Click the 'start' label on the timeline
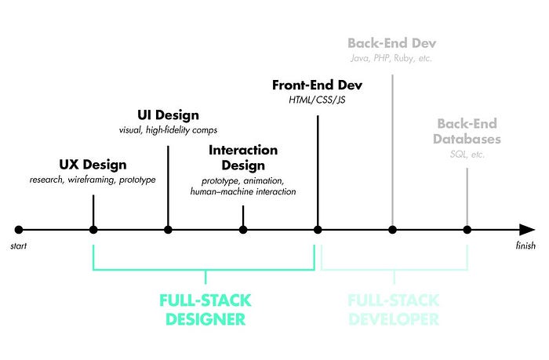click(x=18, y=246)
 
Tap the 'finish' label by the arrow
click(x=525, y=246)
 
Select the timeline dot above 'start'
click(x=19, y=230)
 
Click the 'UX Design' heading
click(x=93, y=165)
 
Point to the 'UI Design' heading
click(x=168, y=115)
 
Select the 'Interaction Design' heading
click(x=243, y=157)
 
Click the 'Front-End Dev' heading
click(x=318, y=85)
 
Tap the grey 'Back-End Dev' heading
click(x=391, y=42)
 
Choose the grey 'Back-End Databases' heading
click(x=468, y=132)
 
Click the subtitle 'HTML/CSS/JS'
click(x=318, y=100)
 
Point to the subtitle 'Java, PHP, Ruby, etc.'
click(x=391, y=58)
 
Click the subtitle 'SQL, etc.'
click(x=468, y=155)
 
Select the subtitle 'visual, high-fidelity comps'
click(x=168, y=130)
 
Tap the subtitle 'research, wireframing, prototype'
click(x=93, y=180)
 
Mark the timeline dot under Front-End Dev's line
click(x=318, y=230)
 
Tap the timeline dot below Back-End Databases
click(x=467, y=230)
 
